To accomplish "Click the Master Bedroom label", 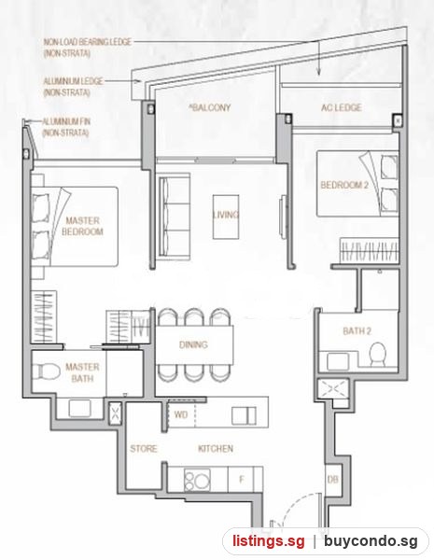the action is coord(82,226).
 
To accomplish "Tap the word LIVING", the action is coord(226,215).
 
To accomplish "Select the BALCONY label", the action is coord(210,107).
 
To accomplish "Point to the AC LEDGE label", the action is coord(341,107).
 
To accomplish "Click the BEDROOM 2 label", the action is coord(344,185).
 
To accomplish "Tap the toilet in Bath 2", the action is coord(377,354).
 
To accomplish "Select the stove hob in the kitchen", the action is coord(197,480).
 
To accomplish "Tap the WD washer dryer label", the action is coord(181,414).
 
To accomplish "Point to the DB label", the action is coord(332,480).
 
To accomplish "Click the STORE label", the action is coord(143,448).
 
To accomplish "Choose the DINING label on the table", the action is coord(193,344).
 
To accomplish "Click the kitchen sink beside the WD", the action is coord(244,415).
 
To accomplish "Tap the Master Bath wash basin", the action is coord(79,408).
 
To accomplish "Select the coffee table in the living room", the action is coord(226,217).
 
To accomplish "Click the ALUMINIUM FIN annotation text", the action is coord(66,127).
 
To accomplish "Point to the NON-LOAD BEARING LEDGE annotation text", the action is coord(88,48).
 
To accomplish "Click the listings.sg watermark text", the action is coord(269,541).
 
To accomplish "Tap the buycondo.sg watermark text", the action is coord(371,541).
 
